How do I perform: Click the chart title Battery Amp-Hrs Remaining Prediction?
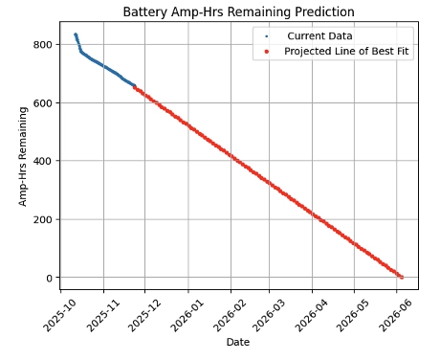coord(238,11)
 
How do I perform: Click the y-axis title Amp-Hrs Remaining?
coord(23,156)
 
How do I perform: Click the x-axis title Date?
coord(238,342)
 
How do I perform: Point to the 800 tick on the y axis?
coord(42,44)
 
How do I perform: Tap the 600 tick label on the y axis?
coord(42,102)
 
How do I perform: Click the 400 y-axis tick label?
coord(42,161)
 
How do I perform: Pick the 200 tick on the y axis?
coord(42,219)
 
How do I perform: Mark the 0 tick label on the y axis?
coord(49,278)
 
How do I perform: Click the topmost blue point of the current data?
coord(76,34)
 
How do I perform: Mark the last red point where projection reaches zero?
coord(402,278)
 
